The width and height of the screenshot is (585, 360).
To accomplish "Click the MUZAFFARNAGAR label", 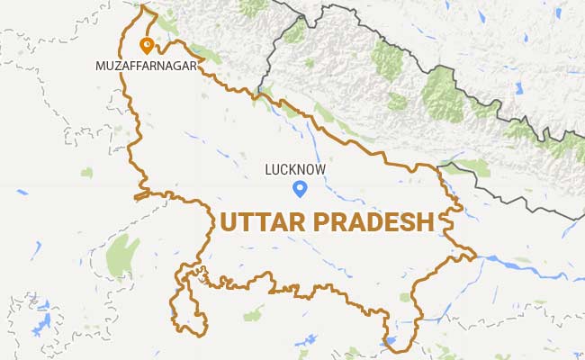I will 145,66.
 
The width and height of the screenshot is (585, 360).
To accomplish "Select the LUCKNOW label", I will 295,168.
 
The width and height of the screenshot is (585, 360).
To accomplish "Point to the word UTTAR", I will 263,221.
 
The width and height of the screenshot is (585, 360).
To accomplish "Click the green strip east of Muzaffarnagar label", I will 206,55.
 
